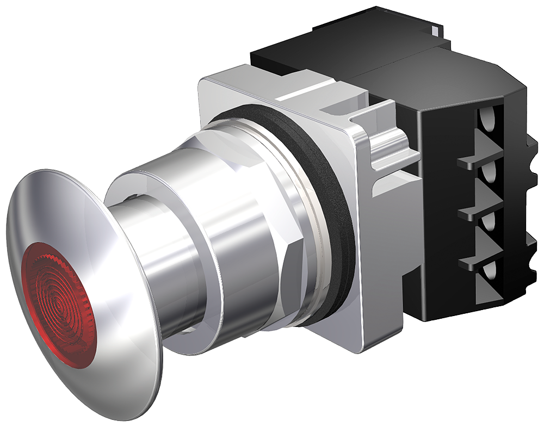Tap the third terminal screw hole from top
pos(489,221)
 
